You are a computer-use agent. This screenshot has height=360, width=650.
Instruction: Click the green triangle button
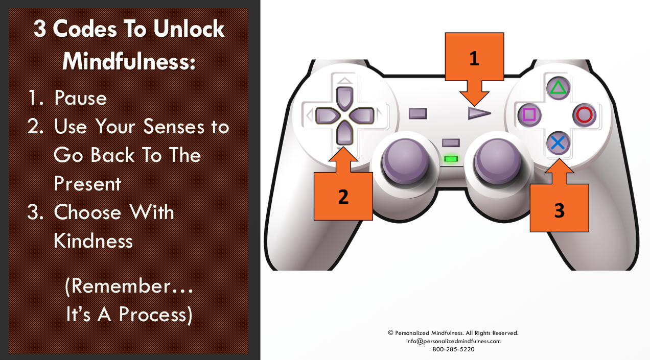coord(559,88)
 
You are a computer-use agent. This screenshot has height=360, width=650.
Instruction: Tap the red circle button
coord(585,115)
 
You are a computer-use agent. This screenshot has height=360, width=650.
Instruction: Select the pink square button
coord(529,115)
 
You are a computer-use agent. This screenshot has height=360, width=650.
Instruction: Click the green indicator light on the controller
coord(451,159)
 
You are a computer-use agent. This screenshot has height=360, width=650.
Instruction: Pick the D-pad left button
coord(328,115)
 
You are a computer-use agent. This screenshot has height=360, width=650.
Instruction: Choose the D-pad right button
coord(362,115)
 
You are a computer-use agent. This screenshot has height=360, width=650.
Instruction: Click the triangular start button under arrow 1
coord(479,113)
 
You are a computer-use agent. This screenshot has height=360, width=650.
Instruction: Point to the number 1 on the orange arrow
coord(474,58)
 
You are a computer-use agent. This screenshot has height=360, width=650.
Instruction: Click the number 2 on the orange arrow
coord(343,197)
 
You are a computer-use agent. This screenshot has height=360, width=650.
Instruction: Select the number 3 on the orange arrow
coord(559,210)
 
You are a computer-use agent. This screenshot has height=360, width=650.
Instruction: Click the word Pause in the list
coord(80,98)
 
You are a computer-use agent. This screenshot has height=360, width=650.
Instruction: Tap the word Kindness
coord(93,241)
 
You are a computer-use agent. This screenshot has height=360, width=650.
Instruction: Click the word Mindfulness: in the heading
coord(129,61)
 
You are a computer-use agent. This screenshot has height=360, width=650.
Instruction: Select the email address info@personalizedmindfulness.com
coord(453,341)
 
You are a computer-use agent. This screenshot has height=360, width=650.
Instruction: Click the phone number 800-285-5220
coord(453,349)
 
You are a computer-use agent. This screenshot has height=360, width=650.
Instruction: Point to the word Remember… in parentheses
coord(129,286)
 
